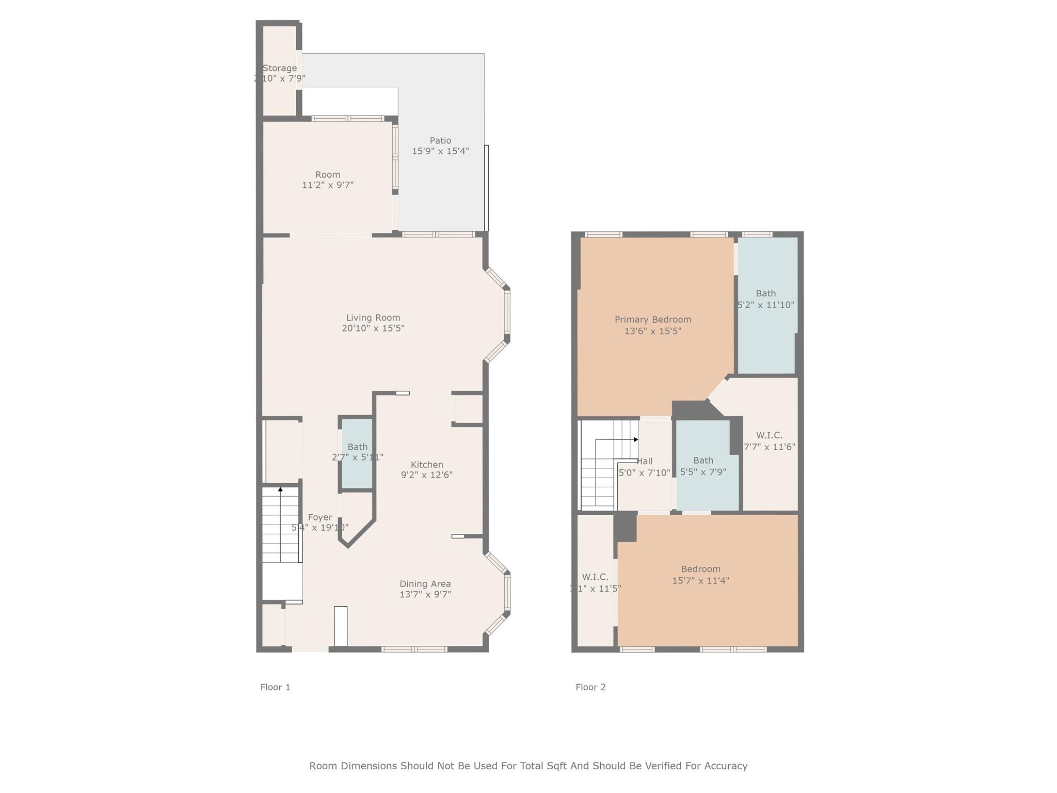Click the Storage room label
point(279,68)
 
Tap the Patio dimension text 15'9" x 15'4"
point(440,151)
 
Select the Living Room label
point(373,318)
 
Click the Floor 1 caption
point(275,687)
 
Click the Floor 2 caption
point(590,687)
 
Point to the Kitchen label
point(427,464)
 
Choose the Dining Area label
point(425,584)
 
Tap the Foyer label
point(320,517)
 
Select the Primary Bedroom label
point(652,320)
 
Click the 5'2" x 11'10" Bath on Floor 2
point(766,305)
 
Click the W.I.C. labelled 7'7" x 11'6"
point(769,441)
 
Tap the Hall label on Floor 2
point(645,462)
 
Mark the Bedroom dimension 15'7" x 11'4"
point(700,580)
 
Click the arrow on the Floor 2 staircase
point(636,439)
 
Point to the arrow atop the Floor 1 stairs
point(280,489)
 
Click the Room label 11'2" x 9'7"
point(327,175)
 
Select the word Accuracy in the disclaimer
point(725,766)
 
